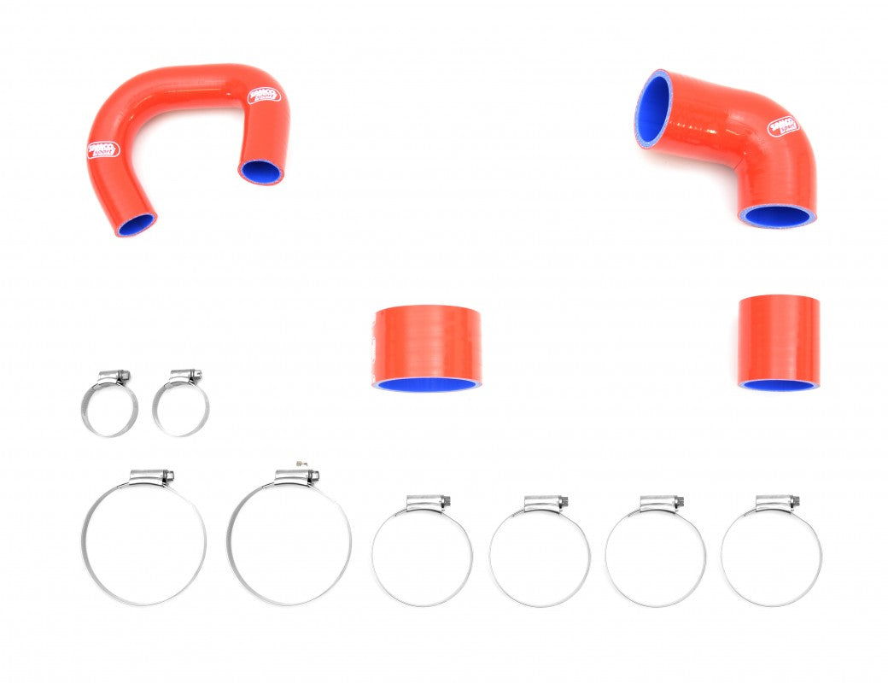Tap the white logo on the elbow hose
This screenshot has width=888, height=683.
[781, 126]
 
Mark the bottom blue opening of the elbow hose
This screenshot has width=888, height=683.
[775, 215]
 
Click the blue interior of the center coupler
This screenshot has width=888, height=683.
[426, 383]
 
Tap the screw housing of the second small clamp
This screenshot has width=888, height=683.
[185, 376]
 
